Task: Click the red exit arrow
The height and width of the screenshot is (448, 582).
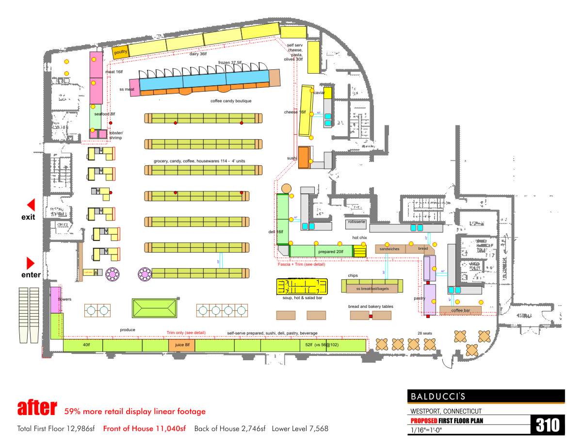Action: click(31, 205)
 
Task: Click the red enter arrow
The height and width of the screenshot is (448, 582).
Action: click(31, 263)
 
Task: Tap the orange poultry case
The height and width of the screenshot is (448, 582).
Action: click(120, 52)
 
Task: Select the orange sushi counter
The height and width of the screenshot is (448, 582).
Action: click(304, 157)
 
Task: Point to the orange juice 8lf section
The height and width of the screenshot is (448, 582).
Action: click(181, 345)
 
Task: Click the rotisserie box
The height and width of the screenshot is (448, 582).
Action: click(356, 222)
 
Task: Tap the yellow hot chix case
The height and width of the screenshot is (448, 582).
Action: click(359, 251)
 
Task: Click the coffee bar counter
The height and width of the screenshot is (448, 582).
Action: click(460, 310)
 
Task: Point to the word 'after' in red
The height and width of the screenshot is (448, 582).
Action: click(37, 408)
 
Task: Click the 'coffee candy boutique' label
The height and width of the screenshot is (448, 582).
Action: click(231, 101)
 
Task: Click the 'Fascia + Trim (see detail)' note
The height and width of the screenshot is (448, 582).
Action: click(301, 264)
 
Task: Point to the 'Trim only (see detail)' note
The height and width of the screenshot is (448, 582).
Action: click(186, 333)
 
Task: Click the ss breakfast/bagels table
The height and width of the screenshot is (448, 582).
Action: click(372, 288)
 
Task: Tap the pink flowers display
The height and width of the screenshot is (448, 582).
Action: click(55, 300)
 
